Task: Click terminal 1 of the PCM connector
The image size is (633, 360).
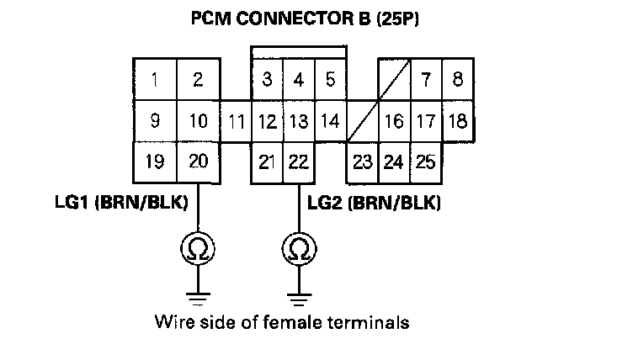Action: pos(156,80)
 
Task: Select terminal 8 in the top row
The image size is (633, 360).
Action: pos(457,80)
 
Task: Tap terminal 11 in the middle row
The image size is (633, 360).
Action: pos(237,121)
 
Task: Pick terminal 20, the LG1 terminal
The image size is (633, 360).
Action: pos(198,161)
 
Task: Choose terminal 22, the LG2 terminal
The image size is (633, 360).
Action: pos(297,161)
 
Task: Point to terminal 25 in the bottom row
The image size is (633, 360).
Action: pos(425,161)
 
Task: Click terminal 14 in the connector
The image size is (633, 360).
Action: pos(330,121)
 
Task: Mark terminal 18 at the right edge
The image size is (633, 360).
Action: pos(457,121)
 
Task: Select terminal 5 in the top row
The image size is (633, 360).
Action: pos(330,80)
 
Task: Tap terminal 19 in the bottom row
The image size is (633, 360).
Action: pos(155,161)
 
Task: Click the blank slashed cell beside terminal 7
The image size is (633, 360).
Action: pos(393,80)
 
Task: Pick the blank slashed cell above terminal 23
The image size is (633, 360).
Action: pos(362,121)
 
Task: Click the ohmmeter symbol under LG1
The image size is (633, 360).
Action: pos(198,248)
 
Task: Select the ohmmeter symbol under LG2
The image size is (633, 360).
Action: pos(297,248)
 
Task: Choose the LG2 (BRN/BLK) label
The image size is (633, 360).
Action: pos(375,203)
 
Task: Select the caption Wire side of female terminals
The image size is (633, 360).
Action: pos(282,321)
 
